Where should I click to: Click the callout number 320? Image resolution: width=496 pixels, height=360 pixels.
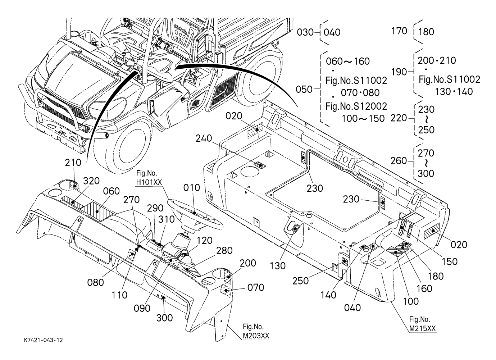coord(92,181)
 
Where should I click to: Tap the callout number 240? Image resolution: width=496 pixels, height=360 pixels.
coord(204,138)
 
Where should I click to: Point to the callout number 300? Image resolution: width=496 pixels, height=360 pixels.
coord(164,318)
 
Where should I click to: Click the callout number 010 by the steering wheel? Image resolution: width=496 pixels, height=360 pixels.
coord(191,188)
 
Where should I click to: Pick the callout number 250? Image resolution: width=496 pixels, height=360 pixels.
coord(301,281)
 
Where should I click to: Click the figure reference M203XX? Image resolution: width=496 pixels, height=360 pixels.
coord(256,336)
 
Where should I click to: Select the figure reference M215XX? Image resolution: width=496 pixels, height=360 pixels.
coord(423,328)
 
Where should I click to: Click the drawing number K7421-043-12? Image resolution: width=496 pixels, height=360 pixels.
coord(42,340)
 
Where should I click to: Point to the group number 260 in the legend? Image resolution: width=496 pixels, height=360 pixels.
coord(399,161)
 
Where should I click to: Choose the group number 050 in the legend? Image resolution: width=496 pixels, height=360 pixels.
coord(304,89)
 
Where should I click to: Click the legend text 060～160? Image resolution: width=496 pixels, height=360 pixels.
coord(347,61)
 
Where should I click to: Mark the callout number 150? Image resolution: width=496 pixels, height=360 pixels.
coord(449,261)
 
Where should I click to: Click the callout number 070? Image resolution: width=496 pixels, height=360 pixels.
coord(256,287)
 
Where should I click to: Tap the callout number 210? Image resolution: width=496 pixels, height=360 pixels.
coord(73,163)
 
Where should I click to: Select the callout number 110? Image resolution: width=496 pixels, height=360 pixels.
coord(119,295)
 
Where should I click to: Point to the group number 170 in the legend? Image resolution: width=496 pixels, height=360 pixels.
coord(399,31)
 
